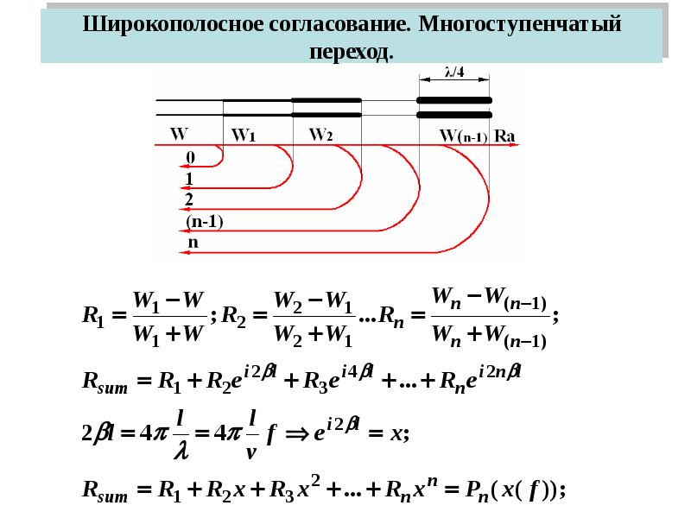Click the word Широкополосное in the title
pyautogui.click(x=172, y=24)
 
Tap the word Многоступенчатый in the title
pyautogui.click(x=520, y=25)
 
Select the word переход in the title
pyautogui.click(x=350, y=53)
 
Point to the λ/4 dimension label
pyautogui.click(x=454, y=72)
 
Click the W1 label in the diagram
pyautogui.click(x=244, y=135)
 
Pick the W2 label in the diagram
pyautogui.click(x=320, y=134)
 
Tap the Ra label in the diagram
pyautogui.click(x=504, y=136)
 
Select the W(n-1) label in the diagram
pyautogui.click(x=463, y=136)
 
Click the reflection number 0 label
pyautogui.click(x=190, y=157)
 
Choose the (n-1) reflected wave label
pyautogui.click(x=205, y=221)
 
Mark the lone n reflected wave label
pyautogui.click(x=193, y=243)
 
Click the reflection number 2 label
pyautogui.click(x=189, y=199)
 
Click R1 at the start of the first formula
pyautogui.click(x=94, y=316)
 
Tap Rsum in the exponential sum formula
pyautogui.click(x=105, y=381)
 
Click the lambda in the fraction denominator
pyautogui.click(x=181, y=451)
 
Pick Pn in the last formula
pyautogui.click(x=477, y=490)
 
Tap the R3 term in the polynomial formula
pyautogui.click(x=282, y=490)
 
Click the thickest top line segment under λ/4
pyautogui.click(x=454, y=100)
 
